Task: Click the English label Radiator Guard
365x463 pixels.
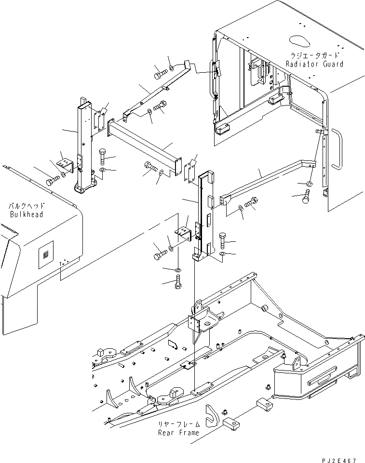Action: click(x=314, y=64)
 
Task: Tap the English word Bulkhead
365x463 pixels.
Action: click(x=26, y=214)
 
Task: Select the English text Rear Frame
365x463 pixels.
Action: click(x=178, y=432)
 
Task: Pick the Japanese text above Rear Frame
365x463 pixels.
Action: click(x=178, y=424)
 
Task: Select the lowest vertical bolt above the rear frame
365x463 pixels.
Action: click(x=178, y=282)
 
